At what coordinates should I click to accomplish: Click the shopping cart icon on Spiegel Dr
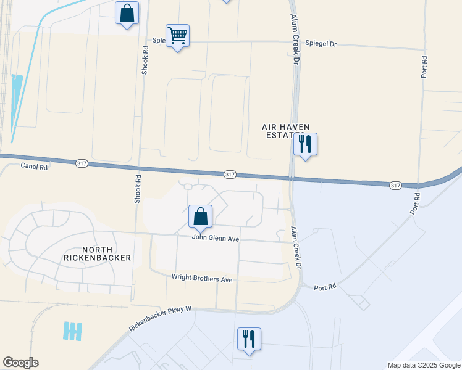point(177,36)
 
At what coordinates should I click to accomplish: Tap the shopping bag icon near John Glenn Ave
point(200,216)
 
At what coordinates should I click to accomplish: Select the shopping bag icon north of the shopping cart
point(127,13)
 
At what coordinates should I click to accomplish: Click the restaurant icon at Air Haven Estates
point(305,144)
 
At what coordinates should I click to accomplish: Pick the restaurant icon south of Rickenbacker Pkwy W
point(249,339)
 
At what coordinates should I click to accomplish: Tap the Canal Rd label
point(34,166)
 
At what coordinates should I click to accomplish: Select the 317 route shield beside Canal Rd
point(82,163)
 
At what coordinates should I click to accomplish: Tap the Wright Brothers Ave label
point(202,279)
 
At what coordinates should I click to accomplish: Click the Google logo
point(20,363)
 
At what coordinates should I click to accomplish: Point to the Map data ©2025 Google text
point(423,365)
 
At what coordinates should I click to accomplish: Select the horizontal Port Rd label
point(324,287)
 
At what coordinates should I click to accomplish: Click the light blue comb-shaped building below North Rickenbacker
point(72,331)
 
